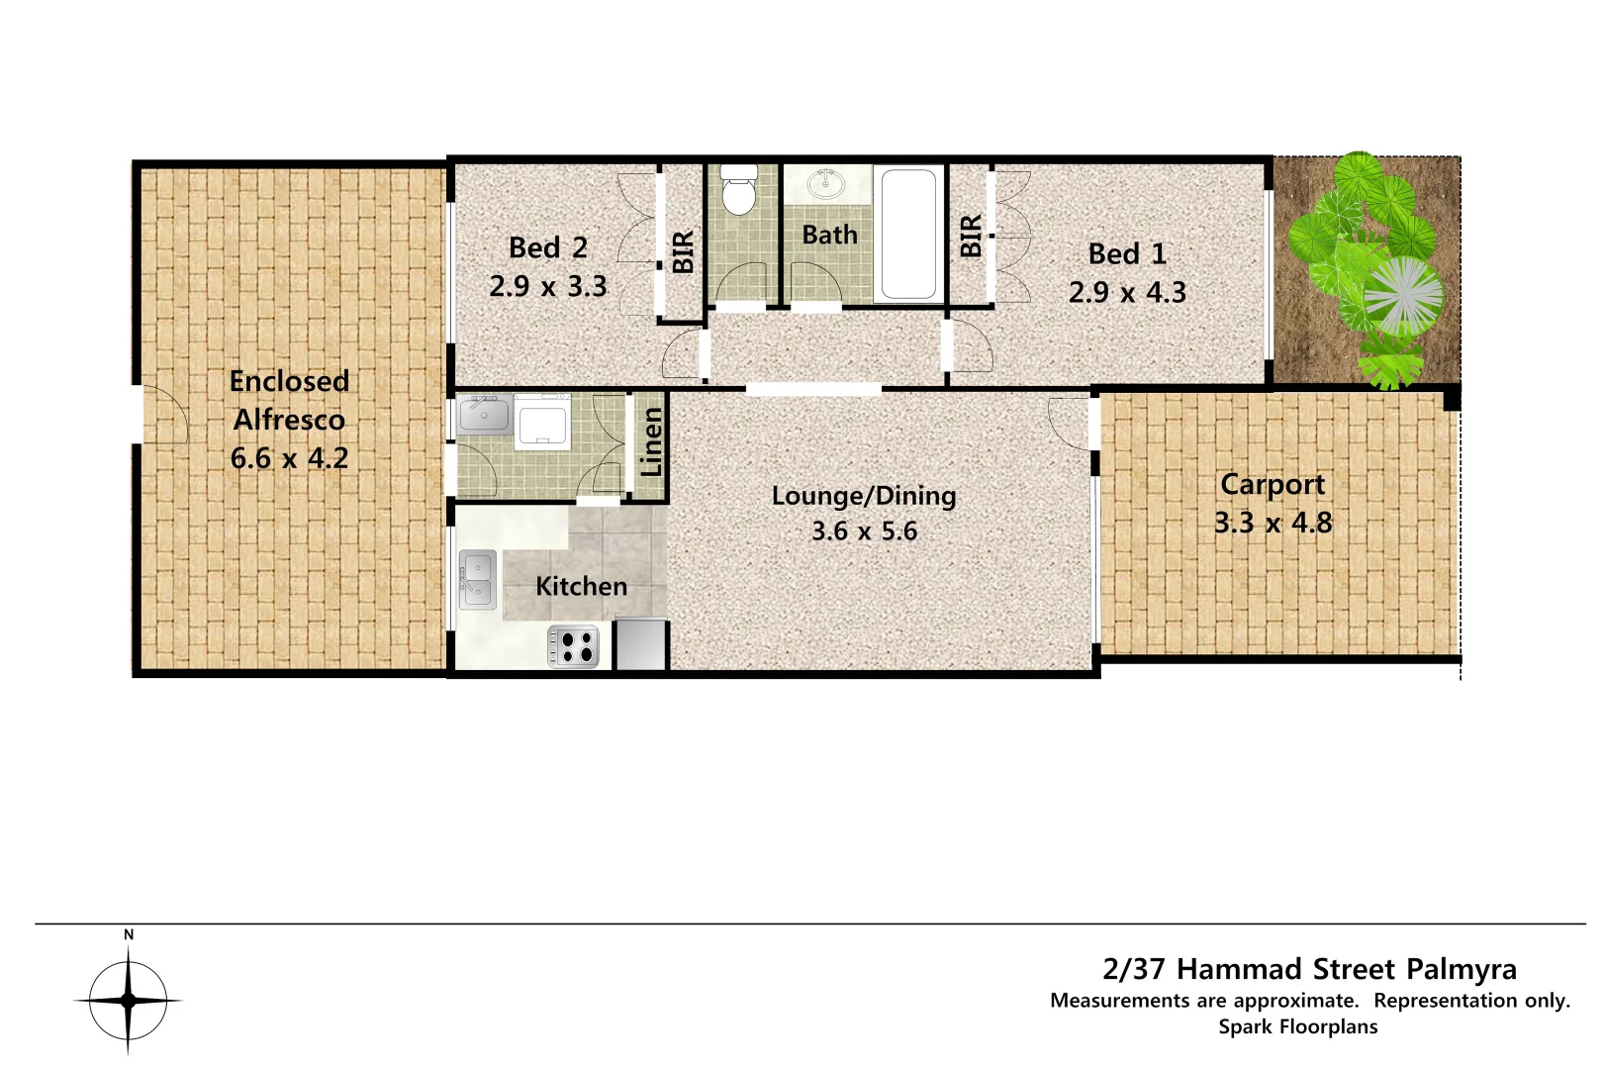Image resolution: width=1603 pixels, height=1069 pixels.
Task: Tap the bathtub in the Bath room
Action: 908,234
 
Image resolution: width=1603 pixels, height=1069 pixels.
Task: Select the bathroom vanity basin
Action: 824,184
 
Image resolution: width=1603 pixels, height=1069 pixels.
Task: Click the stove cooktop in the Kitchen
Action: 574,646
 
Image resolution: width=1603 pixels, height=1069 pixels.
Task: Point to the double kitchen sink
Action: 478,580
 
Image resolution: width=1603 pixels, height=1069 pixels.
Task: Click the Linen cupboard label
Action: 651,443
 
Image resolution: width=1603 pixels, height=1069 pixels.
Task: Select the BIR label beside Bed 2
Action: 683,251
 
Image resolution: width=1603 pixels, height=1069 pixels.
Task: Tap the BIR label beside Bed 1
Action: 971,236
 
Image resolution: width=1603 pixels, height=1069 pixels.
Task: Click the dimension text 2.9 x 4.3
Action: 1127,292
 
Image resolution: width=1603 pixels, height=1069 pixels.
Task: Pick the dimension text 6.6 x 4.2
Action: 289,458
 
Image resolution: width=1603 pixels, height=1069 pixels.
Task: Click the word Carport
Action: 1272,484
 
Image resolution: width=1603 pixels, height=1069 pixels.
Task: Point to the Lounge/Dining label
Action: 864,496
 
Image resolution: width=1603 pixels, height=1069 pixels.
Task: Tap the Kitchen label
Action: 581,586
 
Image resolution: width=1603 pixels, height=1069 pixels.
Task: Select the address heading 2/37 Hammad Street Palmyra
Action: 1309,968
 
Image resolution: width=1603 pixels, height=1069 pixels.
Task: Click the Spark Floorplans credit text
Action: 1297,1026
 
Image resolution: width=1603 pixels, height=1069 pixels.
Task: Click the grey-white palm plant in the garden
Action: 1403,297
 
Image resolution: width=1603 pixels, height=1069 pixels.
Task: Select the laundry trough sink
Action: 484,416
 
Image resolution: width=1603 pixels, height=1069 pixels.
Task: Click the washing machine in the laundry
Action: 541,423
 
